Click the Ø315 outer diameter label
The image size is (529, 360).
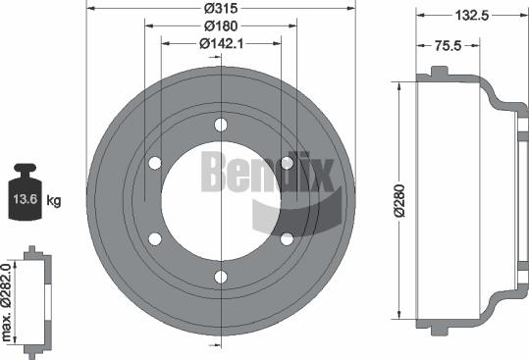coord(221,9)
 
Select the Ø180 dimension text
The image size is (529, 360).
coord(221,26)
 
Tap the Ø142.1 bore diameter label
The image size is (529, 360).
coord(222,43)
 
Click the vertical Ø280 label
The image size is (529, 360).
coord(400,200)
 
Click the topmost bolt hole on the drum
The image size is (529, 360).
coord(221,125)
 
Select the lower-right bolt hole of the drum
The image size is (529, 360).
coord(287,238)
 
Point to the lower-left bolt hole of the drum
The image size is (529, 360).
coord(155,238)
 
